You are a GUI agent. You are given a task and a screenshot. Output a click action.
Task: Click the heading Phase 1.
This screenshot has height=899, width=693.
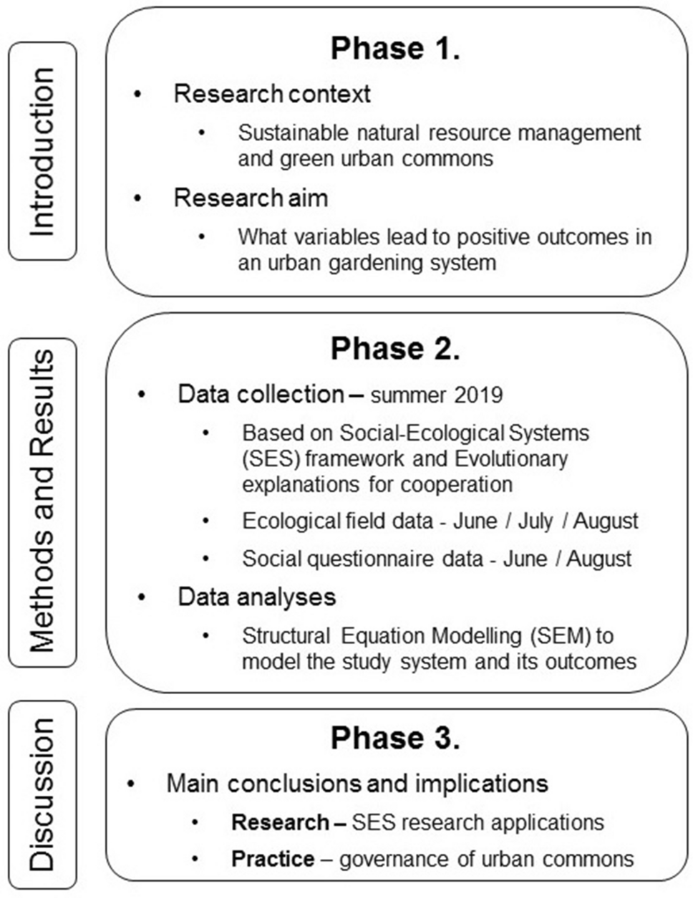pyautogui.click(x=394, y=48)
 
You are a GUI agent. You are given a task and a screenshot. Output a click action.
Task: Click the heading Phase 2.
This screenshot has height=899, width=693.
pyautogui.click(x=394, y=349)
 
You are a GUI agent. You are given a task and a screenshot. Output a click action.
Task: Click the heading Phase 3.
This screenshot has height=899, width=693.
pyautogui.click(x=394, y=739)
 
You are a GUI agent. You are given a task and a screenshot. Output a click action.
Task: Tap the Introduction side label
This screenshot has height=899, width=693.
pyautogui.click(x=42, y=151)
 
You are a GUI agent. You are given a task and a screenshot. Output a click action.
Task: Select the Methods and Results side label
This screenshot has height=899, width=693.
pyautogui.click(x=42, y=501)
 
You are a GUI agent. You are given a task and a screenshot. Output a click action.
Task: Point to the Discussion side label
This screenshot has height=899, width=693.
pyautogui.click(x=42, y=794)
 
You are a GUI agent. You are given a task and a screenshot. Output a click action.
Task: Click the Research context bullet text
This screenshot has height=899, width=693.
pyautogui.click(x=272, y=94)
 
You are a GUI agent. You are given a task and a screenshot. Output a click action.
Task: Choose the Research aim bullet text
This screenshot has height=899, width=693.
pyautogui.click(x=251, y=198)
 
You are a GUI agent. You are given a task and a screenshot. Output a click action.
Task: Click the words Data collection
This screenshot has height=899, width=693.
pyautogui.click(x=261, y=394)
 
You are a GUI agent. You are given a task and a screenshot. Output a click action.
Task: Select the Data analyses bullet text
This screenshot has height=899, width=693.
pyautogui.click(x=257, y=597)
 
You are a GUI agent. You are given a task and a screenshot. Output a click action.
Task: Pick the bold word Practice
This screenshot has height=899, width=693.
pyautogui.click(x=273, y=858)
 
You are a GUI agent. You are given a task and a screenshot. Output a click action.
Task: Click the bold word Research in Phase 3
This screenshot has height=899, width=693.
pyautogui.click(x=280, y=822)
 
